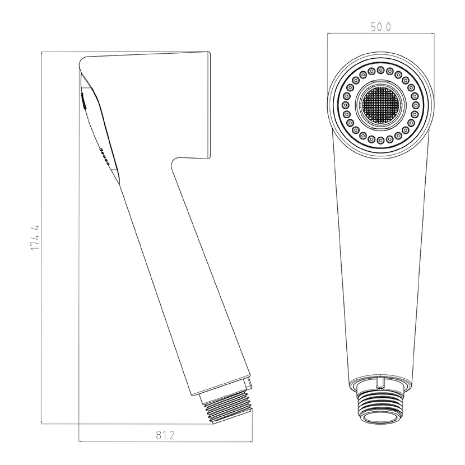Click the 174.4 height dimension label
pyautogui.click(x=35, y=237)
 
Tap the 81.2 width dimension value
pyautogui.click(x=165, y=435)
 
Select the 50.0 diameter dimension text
pyautogui.click(x=381, y=27)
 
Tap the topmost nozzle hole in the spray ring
pyautogui.click(x=381, y=70)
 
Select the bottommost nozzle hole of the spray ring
pyautogui.click(x=381, y=139)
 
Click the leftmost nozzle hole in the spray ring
pyautogui.click(x=346, y=105)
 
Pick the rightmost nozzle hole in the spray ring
pyautogui.click(x=416, y=105)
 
